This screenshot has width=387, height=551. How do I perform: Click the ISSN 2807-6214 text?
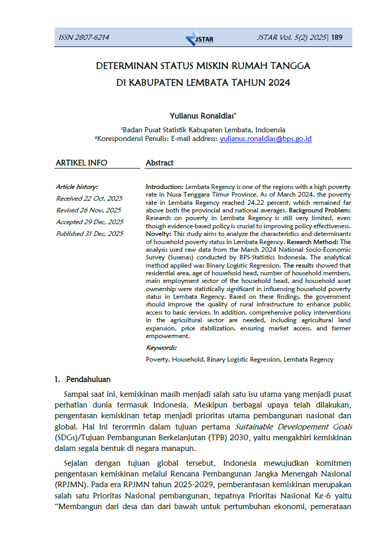click(x=84, y=37)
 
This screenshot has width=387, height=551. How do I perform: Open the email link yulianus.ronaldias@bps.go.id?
click(x=265, y=138)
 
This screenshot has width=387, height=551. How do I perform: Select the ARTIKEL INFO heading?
click(x=82, y=163)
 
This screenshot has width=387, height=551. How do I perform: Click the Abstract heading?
click(x=159, y=163)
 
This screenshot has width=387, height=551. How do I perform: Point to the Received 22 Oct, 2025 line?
click(x=89, y=199)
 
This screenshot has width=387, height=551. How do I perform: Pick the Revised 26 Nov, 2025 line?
click(x=89, y=210)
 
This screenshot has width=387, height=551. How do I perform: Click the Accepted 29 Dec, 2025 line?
click(x=90, y=222)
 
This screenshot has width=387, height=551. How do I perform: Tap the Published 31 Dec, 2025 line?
click(x=90, y=234)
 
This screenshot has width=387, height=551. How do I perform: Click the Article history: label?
click(x=77, y=187)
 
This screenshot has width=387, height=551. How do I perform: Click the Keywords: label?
click(x=161, y=348)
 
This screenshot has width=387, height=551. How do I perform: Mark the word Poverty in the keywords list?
click(x=157, y=360)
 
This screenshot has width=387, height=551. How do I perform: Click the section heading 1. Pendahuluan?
click(x=83, y=380)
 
